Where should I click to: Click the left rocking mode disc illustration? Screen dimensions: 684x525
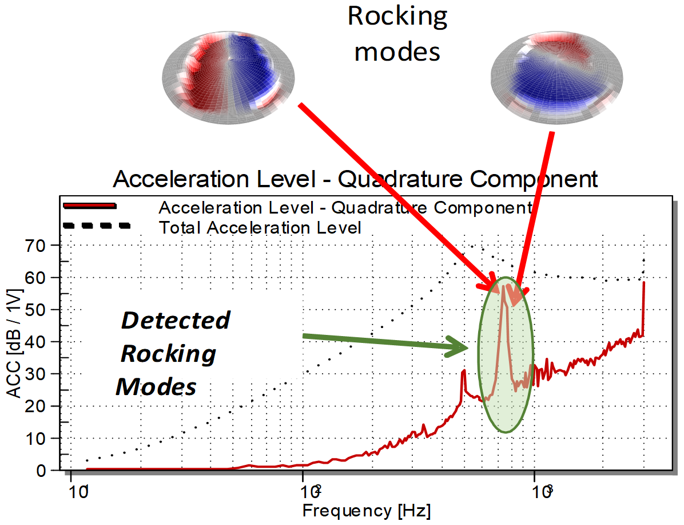pyautogui.click(x=228, y=78)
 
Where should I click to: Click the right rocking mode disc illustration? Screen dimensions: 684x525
pyautogui.click(x=556, y=78)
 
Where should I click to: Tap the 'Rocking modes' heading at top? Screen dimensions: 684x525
pyautogui.click(x=397, y=34)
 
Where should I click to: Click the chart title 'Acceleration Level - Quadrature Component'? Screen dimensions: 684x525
pyautogui.click(x=355, y=179)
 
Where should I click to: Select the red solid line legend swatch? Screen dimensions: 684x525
pyautogui.click(x=90, y=206)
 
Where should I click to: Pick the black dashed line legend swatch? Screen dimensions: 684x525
pyautogui.click(x=97, y=226)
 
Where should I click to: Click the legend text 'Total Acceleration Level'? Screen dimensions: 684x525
pyautogui.click(x=260, y=227)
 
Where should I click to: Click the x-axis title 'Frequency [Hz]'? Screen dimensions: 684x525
pyautogui.click(x=367, y=511)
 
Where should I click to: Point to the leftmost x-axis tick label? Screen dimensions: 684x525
pyautogui.click(x=78, y=492)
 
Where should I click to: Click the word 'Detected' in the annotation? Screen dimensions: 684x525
pyautogui.click(x=176, y=320)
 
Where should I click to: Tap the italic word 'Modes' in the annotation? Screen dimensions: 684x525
pyautogui.click(x=156, y=387)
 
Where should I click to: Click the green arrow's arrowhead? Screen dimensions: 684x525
pyautogui.click(x=457, y=347)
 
